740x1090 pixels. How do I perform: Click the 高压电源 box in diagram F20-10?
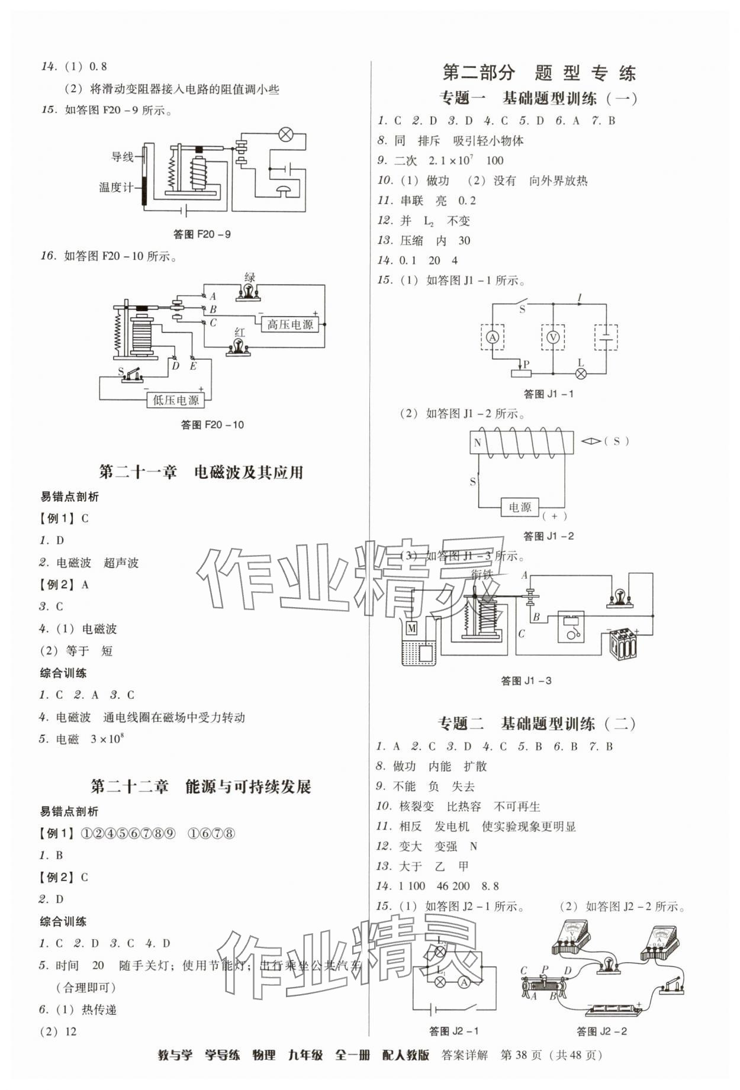289,324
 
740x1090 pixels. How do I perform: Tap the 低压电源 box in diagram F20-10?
176,400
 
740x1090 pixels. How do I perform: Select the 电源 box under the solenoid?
520,507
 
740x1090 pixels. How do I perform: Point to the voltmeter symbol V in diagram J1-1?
552,337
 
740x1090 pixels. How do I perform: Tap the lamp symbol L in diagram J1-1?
581,373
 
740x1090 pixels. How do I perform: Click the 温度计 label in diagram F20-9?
116,188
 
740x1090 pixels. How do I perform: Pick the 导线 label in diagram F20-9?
123,157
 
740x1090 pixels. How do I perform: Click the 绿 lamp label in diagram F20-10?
249,278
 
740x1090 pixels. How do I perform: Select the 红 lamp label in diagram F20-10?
239,334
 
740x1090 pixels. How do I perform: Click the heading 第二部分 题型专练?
539,73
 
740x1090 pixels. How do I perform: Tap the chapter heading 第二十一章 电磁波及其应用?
201,472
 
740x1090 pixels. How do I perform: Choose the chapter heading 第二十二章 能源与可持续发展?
201,786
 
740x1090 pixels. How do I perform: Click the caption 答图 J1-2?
549,536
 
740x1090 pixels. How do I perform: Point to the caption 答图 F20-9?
202,234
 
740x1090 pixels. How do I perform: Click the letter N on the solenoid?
478,443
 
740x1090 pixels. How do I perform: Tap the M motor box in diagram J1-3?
411,627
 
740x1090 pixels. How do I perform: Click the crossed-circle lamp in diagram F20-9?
285,134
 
